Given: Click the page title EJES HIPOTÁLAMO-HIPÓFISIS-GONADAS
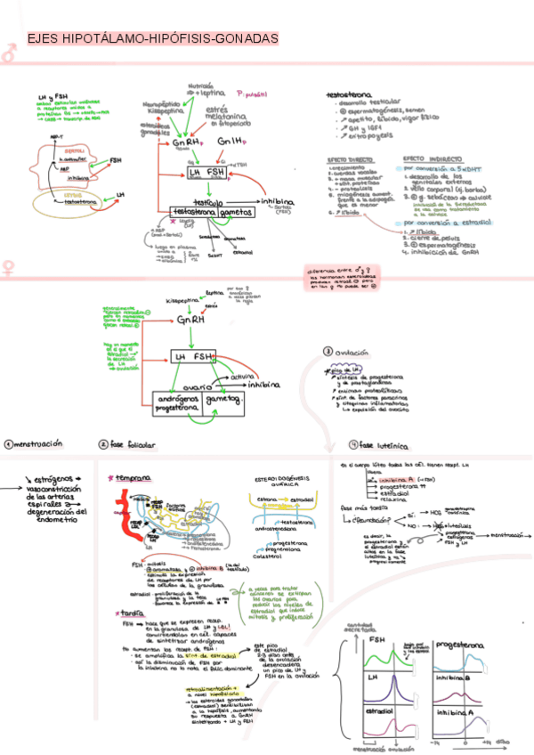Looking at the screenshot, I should [152, 39].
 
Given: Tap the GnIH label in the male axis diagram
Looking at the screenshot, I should [231, 142].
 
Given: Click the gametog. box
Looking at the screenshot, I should [223, 402].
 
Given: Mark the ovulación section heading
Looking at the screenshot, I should [355, 352].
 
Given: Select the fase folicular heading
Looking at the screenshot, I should [132, 443].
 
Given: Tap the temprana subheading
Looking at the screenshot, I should [133, 477].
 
